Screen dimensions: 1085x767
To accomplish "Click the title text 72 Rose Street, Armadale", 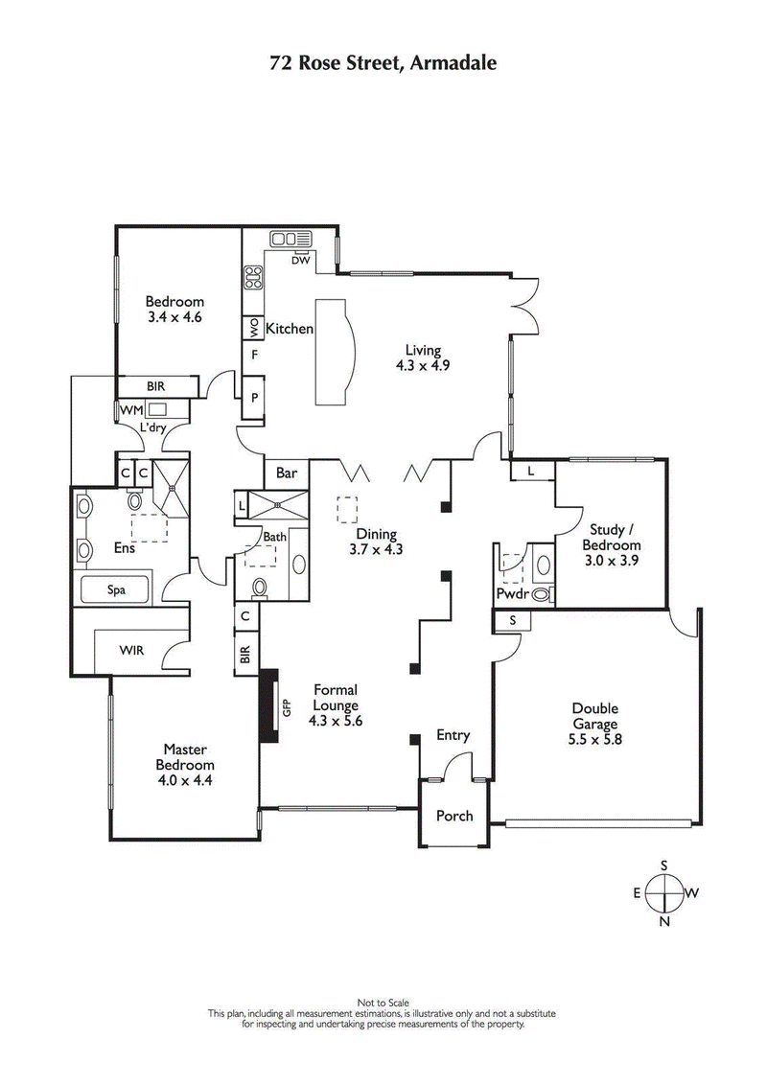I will click(x=383, y=64).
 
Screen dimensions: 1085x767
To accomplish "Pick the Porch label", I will click(x=454, y=816).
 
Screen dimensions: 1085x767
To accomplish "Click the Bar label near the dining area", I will click(x=286, y=473).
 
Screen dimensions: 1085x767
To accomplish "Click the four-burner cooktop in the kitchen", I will click(x=254, y=278).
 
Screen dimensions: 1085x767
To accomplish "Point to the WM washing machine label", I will click(x=127, y=409).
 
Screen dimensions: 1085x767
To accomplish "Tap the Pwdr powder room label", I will click(x=511, y=594).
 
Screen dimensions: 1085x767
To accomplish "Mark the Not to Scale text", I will click(x=383, y=1003).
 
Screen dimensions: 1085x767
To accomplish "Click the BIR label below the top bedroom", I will click(x=156, y=385).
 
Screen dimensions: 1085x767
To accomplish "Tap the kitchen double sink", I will click(x=284, y=239).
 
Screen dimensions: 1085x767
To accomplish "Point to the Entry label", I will click(x=453, y=735).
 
